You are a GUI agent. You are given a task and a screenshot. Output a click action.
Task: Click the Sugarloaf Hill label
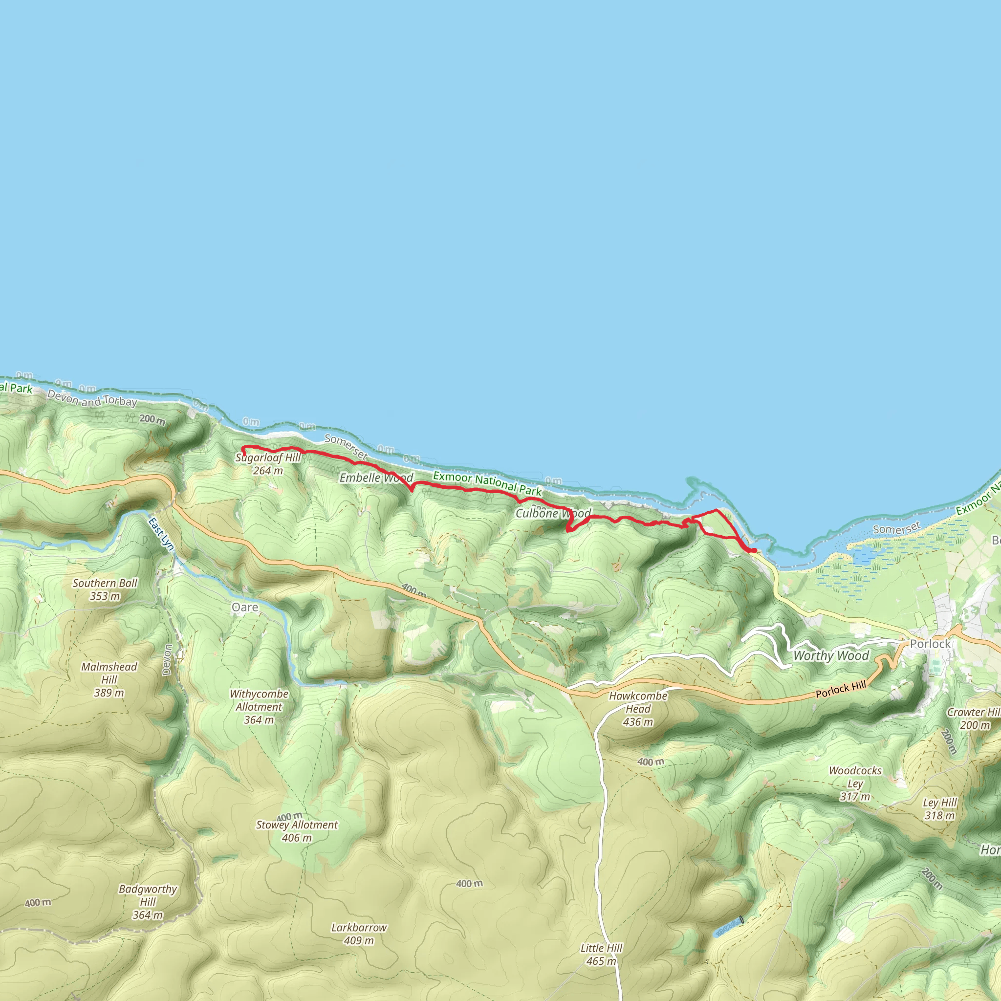[x=268, y=458]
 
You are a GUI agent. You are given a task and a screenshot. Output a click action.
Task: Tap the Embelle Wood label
[x=376, y=478]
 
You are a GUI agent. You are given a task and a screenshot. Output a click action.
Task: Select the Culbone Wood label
[x=553, y=514]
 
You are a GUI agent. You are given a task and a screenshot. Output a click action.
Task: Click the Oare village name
[x=244, y=607]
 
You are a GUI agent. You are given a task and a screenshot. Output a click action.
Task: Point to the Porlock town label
[x=930, y=644]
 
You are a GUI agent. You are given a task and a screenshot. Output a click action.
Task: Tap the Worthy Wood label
[x=831, y=656]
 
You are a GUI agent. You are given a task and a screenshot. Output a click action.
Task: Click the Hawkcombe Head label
[x=638, y=702]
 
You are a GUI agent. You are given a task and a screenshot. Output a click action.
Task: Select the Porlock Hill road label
[x=840, y=690]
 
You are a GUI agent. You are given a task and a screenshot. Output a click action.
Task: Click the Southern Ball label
[x=105, y=584]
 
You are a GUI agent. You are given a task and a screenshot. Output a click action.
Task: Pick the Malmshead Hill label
[x=109, y=674]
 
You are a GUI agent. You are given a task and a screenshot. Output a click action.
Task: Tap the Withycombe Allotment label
[x=259, y=700]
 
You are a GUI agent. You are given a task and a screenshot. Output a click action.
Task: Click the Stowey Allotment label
[x=296, y=825]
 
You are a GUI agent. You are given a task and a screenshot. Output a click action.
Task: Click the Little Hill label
[x=601, y=948]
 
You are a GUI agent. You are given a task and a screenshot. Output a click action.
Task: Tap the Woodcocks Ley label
[x=855, y=777]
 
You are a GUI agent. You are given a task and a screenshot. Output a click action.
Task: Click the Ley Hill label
[x=940, y=803]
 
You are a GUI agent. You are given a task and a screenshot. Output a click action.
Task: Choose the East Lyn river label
[x=161, y=534]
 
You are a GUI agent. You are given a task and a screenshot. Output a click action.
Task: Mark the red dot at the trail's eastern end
[x=754, y=550]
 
